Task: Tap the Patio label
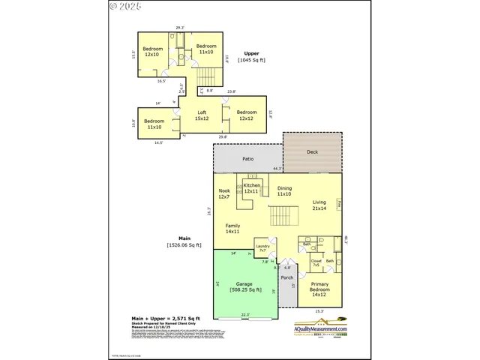tap(247, 159)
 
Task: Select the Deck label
tap(312, 151)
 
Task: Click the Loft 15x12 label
tap(202, 114)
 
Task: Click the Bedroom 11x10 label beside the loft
tap(154, 124)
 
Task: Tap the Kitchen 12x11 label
tap(251, 188)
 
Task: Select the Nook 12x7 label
tap(224, 193)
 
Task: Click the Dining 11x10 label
tap(284, 190)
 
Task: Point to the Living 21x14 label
tap(319, 205)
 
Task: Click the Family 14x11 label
tap(232, 229)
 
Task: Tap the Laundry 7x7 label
tap(262, 248)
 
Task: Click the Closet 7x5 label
tap(316, 262)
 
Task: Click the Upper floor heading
tap(253, 56)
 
